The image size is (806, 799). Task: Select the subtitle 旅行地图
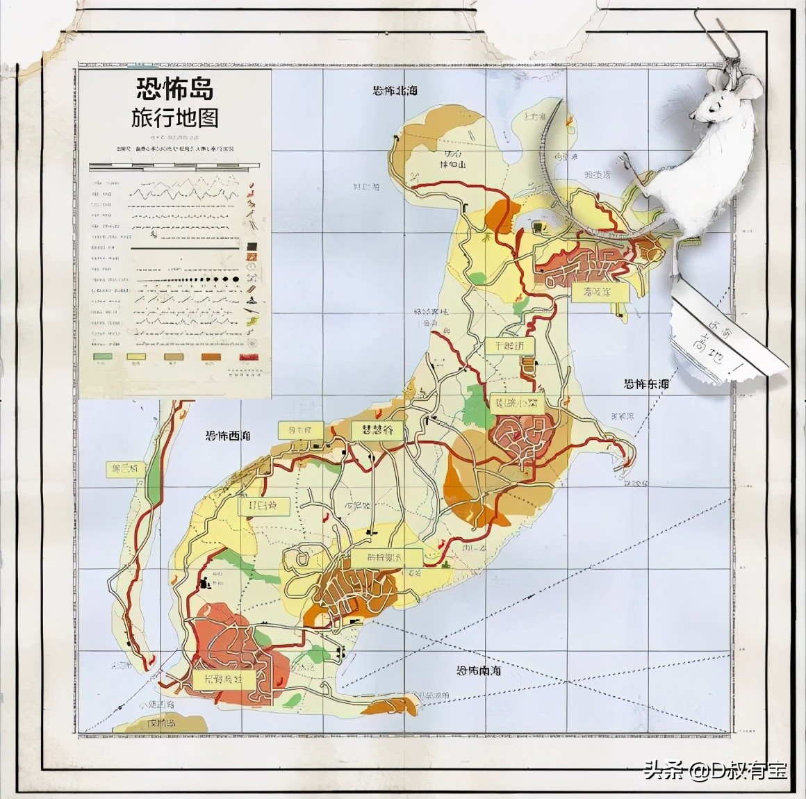175,118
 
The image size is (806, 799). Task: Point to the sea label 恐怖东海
646,384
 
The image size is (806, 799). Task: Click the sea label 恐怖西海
228,436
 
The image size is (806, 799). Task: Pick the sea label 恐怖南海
479,671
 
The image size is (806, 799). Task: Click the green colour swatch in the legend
103,356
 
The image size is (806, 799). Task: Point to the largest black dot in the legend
236,279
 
